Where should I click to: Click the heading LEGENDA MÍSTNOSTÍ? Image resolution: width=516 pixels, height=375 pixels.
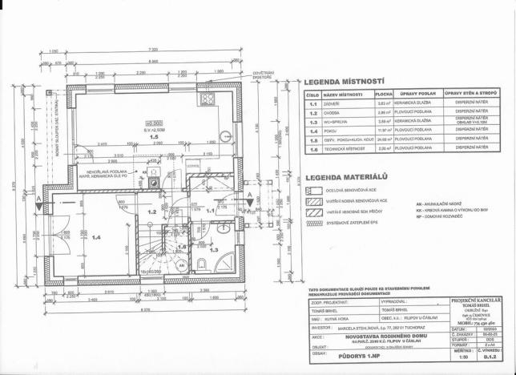[345, 82]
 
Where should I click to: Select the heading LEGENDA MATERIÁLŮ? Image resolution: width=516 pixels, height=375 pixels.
[347, 175]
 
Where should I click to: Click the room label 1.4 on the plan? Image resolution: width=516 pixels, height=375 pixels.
[96, 237]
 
